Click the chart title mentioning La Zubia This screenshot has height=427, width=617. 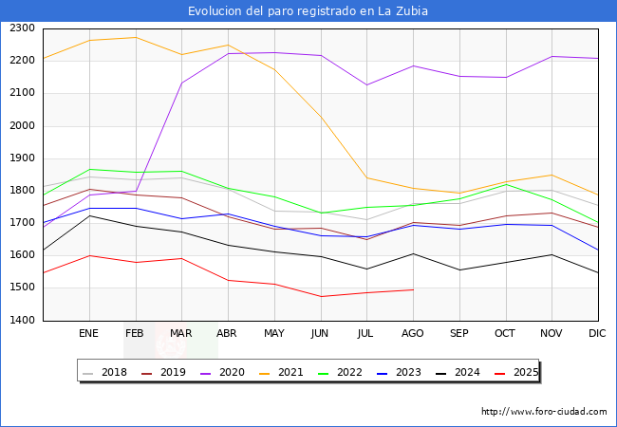pos(308,11)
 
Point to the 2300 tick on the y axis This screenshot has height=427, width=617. pos(23,28)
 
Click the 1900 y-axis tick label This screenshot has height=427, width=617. pos(23,158)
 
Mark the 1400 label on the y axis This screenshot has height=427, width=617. pos(23,321)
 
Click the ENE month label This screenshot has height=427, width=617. pos(88,334)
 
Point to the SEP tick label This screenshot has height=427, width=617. pos(458,334)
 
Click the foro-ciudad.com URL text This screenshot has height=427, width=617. pos(544,412)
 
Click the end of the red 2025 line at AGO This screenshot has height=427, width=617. pos(413,289)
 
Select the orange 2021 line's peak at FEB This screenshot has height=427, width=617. pos(136,37)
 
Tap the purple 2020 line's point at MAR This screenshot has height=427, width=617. pos(181,83)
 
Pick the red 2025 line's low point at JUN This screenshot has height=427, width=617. pos(321,296)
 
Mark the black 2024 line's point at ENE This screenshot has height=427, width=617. pos(89,215)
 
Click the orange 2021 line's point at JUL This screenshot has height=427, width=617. pos(366,177)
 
